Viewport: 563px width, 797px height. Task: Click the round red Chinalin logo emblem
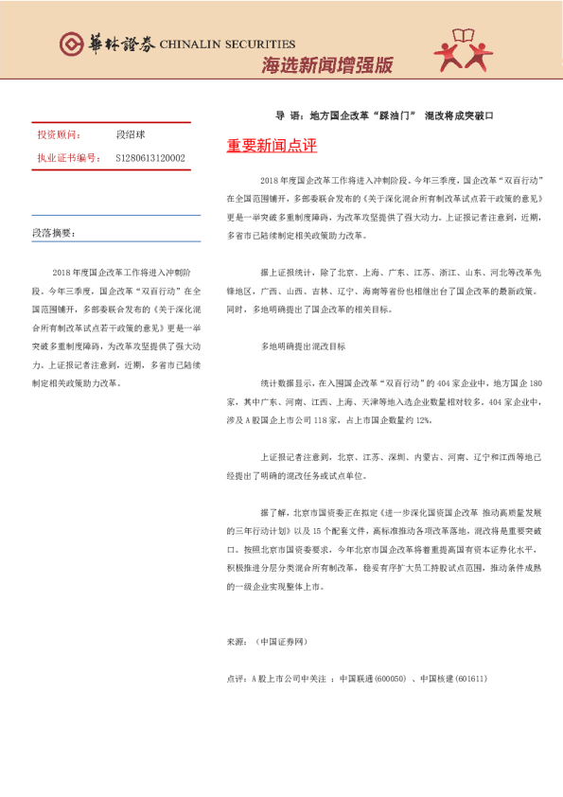coord(71,44)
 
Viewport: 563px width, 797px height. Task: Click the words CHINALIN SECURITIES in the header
coord(227,44)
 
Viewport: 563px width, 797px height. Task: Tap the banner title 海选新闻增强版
coord(326,66)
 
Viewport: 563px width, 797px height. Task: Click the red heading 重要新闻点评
coord(272,147)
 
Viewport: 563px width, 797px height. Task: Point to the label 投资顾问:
coord(60,135)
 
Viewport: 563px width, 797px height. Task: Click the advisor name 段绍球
coord(130,135)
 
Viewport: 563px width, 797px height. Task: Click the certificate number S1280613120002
coord(150,158)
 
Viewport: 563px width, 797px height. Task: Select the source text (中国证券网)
coord(283,641)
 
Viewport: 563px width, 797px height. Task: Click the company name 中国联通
coord(358,679)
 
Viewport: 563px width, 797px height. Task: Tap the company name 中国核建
coord(438,679)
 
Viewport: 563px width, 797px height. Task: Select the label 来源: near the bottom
coord(237,641)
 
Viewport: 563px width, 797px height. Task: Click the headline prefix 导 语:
coord(287,115)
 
